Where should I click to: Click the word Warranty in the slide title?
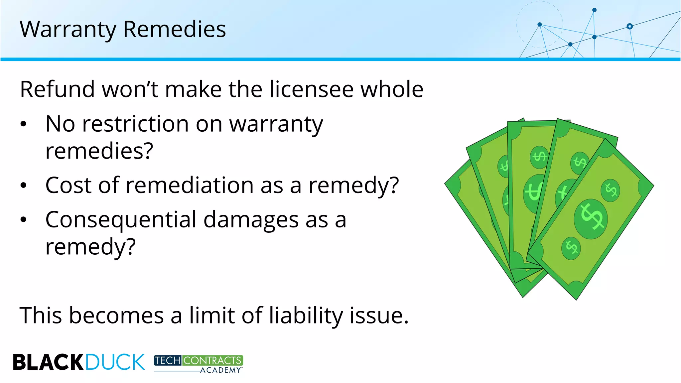pyautogui.click(x=68, y=29)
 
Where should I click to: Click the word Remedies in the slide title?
pyautogui.click(x=174, y=29)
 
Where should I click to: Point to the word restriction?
pyautogui.click(x=135, y=124)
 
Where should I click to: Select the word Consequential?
pyautogui.click(x=121, y=220)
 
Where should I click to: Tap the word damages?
pyautogui.click(x=251, y=220)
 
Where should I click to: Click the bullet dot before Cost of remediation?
pyautogui.click(x=23, y=185)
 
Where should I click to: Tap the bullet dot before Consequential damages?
pyautogui.click(x=23, y=220)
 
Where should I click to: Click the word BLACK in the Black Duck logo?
pyautogui.click(x=48, y=362)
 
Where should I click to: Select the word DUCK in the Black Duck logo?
pyautogui.click(x=115, y=362)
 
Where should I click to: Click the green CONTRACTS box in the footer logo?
pyautogui.click(x=212, y=360)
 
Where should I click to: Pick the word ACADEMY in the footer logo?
pyautogui.click(x=220, y=370)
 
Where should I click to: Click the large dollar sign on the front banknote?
pyautogui.click(x=591, y=218)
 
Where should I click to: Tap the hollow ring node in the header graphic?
pyautogui.click(x=629, y=26)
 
